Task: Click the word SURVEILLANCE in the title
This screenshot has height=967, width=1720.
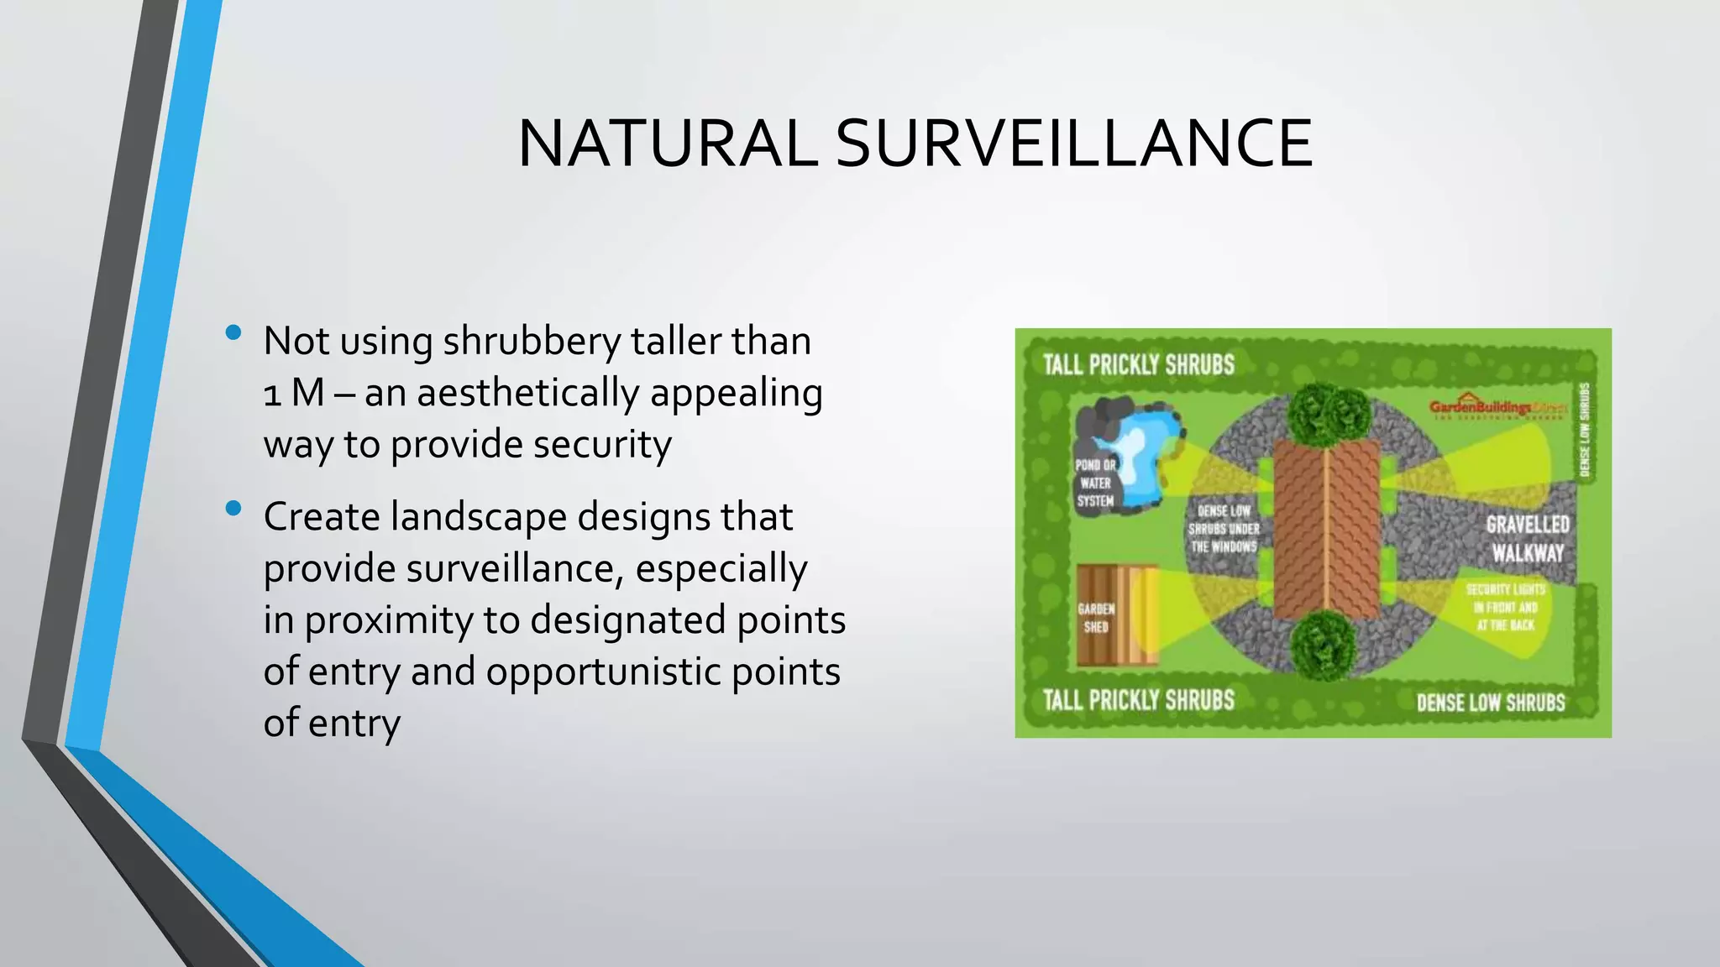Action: tap(1073, 144)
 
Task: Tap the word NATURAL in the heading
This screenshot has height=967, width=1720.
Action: tap(668, 144)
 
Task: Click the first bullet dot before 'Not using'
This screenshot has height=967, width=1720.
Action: tap(234, 333)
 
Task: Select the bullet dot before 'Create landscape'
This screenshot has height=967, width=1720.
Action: tap(234, 509)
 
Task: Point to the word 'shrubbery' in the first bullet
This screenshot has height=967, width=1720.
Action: tap(532, 342)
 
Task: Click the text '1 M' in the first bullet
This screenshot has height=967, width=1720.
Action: tap(294, 393)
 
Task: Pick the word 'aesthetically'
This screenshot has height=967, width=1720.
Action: tap(527, 393)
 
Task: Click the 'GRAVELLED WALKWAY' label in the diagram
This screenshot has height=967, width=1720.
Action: tap(1528, 539)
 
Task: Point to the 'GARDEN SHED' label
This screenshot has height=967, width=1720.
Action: tap(1096, 618)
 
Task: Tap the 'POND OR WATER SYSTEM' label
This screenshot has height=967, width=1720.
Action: tap(1095, 483)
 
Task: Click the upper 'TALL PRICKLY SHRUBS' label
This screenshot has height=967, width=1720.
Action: tap(1138, 365)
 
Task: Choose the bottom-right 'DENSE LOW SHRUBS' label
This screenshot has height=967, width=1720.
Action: tap(1491, 703)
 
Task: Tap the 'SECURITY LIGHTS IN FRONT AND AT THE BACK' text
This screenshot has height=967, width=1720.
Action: tap(1505, 607)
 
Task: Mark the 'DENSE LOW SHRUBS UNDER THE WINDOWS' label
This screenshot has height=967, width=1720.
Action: tap(1224, 529)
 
